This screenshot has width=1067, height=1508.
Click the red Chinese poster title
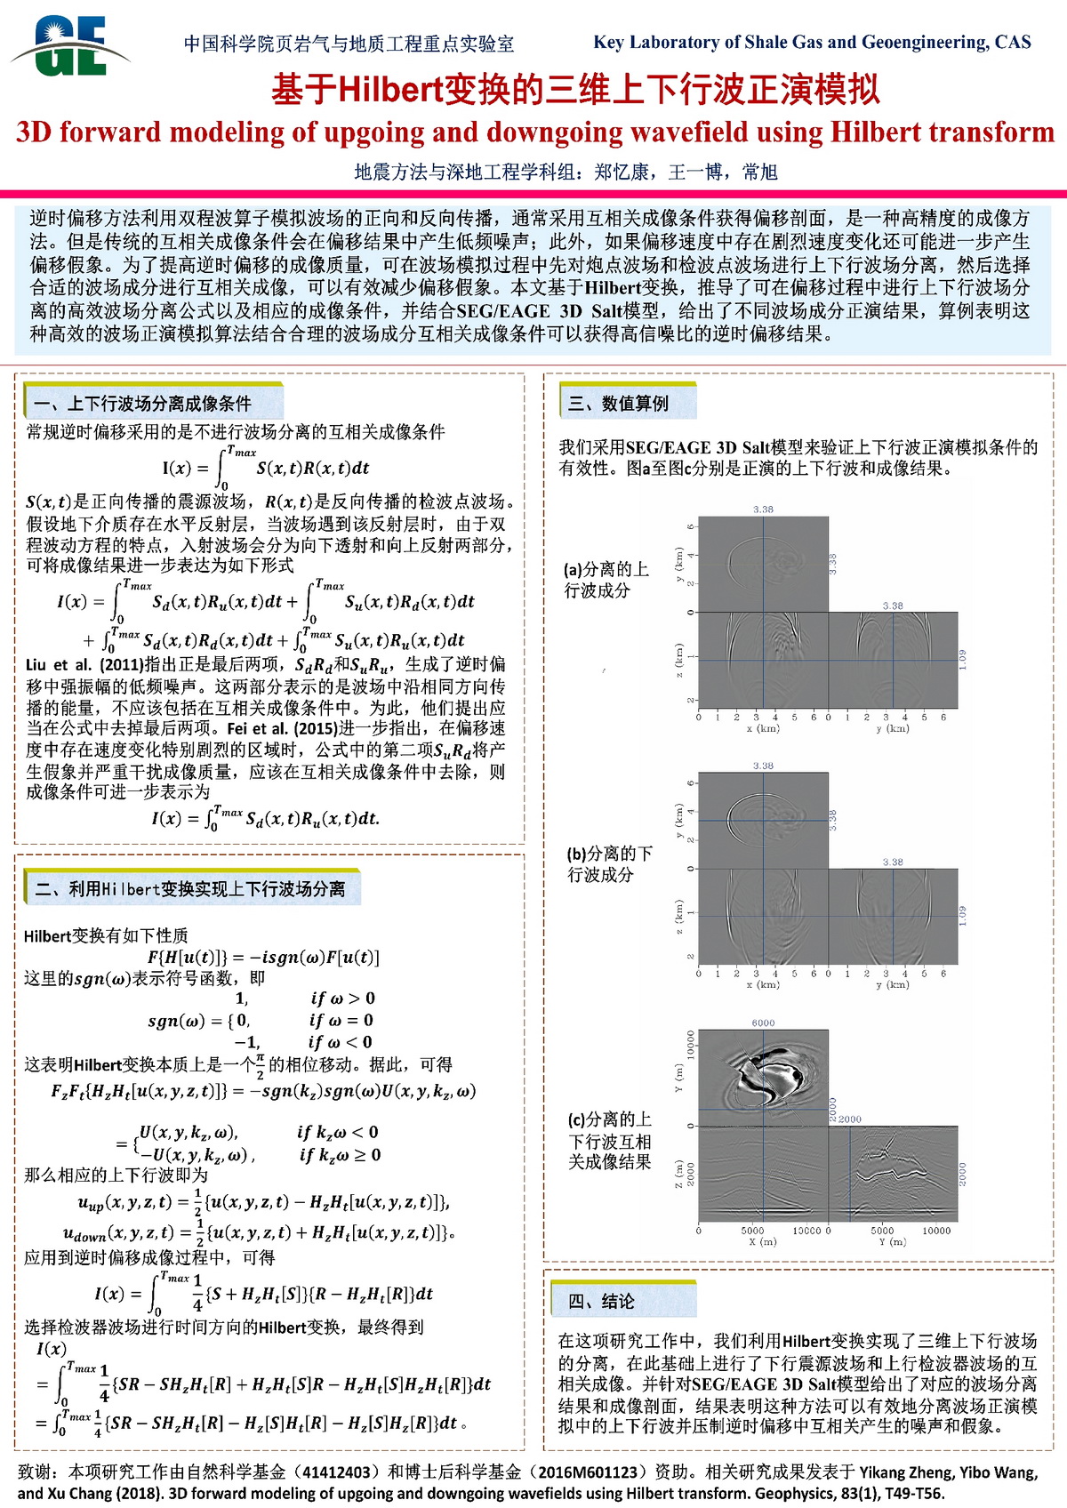click(575, 89)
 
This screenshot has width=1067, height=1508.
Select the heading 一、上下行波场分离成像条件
click(142, 404)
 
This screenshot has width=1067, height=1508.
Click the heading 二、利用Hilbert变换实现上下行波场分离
click(190, 889)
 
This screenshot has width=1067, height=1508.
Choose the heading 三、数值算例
click(619, 404)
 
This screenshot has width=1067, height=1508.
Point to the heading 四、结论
click(601, 1302)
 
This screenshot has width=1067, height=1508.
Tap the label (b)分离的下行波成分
click(609, 863)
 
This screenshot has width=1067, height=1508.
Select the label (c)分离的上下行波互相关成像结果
click(610, 1141)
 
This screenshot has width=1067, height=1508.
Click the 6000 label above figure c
click(763, 1023)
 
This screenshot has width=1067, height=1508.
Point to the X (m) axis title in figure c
click(763, 1242)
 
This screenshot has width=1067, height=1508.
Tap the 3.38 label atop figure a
click(763, 509)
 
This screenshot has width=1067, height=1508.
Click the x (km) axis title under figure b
click(763, 984)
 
